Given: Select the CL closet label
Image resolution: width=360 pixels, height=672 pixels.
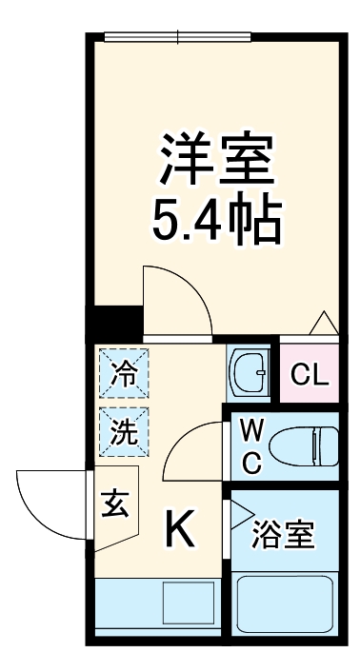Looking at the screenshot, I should (x=310, y=375).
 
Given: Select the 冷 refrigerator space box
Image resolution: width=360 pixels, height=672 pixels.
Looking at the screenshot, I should (x=123, y=375).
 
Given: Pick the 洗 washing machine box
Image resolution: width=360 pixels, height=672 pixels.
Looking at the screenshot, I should (x=123, y=431).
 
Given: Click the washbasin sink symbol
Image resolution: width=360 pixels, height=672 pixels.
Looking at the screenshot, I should (x=251, y=373).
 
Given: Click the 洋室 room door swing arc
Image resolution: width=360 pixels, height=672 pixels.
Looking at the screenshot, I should (x=176, y=299).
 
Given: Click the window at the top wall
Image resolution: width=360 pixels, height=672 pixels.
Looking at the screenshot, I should (x=179, y=38).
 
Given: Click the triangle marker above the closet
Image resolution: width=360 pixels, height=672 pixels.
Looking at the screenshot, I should (x=321, y=323).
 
